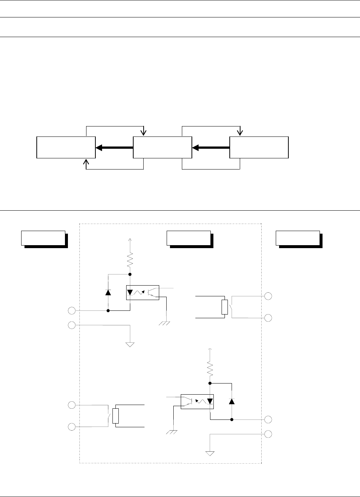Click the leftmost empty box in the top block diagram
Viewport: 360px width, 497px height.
coord(66,147)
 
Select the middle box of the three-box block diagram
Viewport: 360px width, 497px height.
coord(162,147)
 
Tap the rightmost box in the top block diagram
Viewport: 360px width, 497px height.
coord(259,147)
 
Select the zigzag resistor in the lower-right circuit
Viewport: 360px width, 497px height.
coord(210,369)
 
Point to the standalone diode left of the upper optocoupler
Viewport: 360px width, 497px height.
coord(108,292)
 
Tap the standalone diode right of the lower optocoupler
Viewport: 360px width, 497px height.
coord(232,401)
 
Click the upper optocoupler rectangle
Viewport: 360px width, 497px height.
coord(143,292)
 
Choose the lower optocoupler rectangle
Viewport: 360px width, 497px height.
coord(197,401)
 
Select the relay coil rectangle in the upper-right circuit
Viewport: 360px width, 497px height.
coord(225,307)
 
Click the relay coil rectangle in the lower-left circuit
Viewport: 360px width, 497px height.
coord(115,416)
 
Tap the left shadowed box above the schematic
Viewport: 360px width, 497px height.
coord(43,238)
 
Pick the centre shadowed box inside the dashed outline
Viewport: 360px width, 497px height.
coord(189,238)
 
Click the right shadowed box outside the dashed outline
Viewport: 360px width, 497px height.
coord(298,238)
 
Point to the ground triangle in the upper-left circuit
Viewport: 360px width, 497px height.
coord(130,344)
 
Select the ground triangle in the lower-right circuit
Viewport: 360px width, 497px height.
coord(210,453)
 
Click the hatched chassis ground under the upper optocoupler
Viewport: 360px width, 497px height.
coord(164,323)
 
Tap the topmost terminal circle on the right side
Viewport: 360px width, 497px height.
coord(268,296)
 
